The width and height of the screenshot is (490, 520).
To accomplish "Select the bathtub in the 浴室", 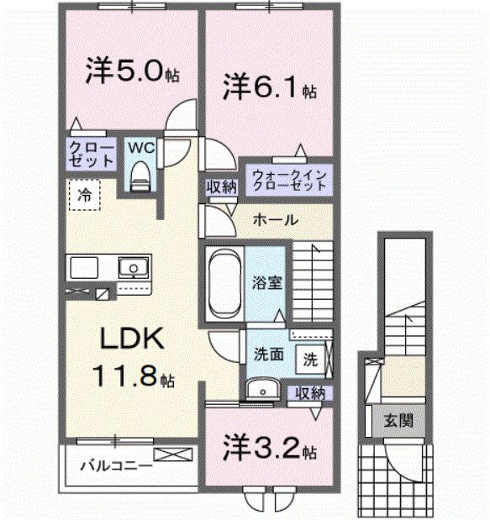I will pos(224,282).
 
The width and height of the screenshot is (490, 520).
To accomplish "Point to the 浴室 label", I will pos(270,282).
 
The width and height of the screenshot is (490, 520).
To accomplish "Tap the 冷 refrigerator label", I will pos(85,193).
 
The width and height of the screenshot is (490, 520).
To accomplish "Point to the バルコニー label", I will pos(115,464).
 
